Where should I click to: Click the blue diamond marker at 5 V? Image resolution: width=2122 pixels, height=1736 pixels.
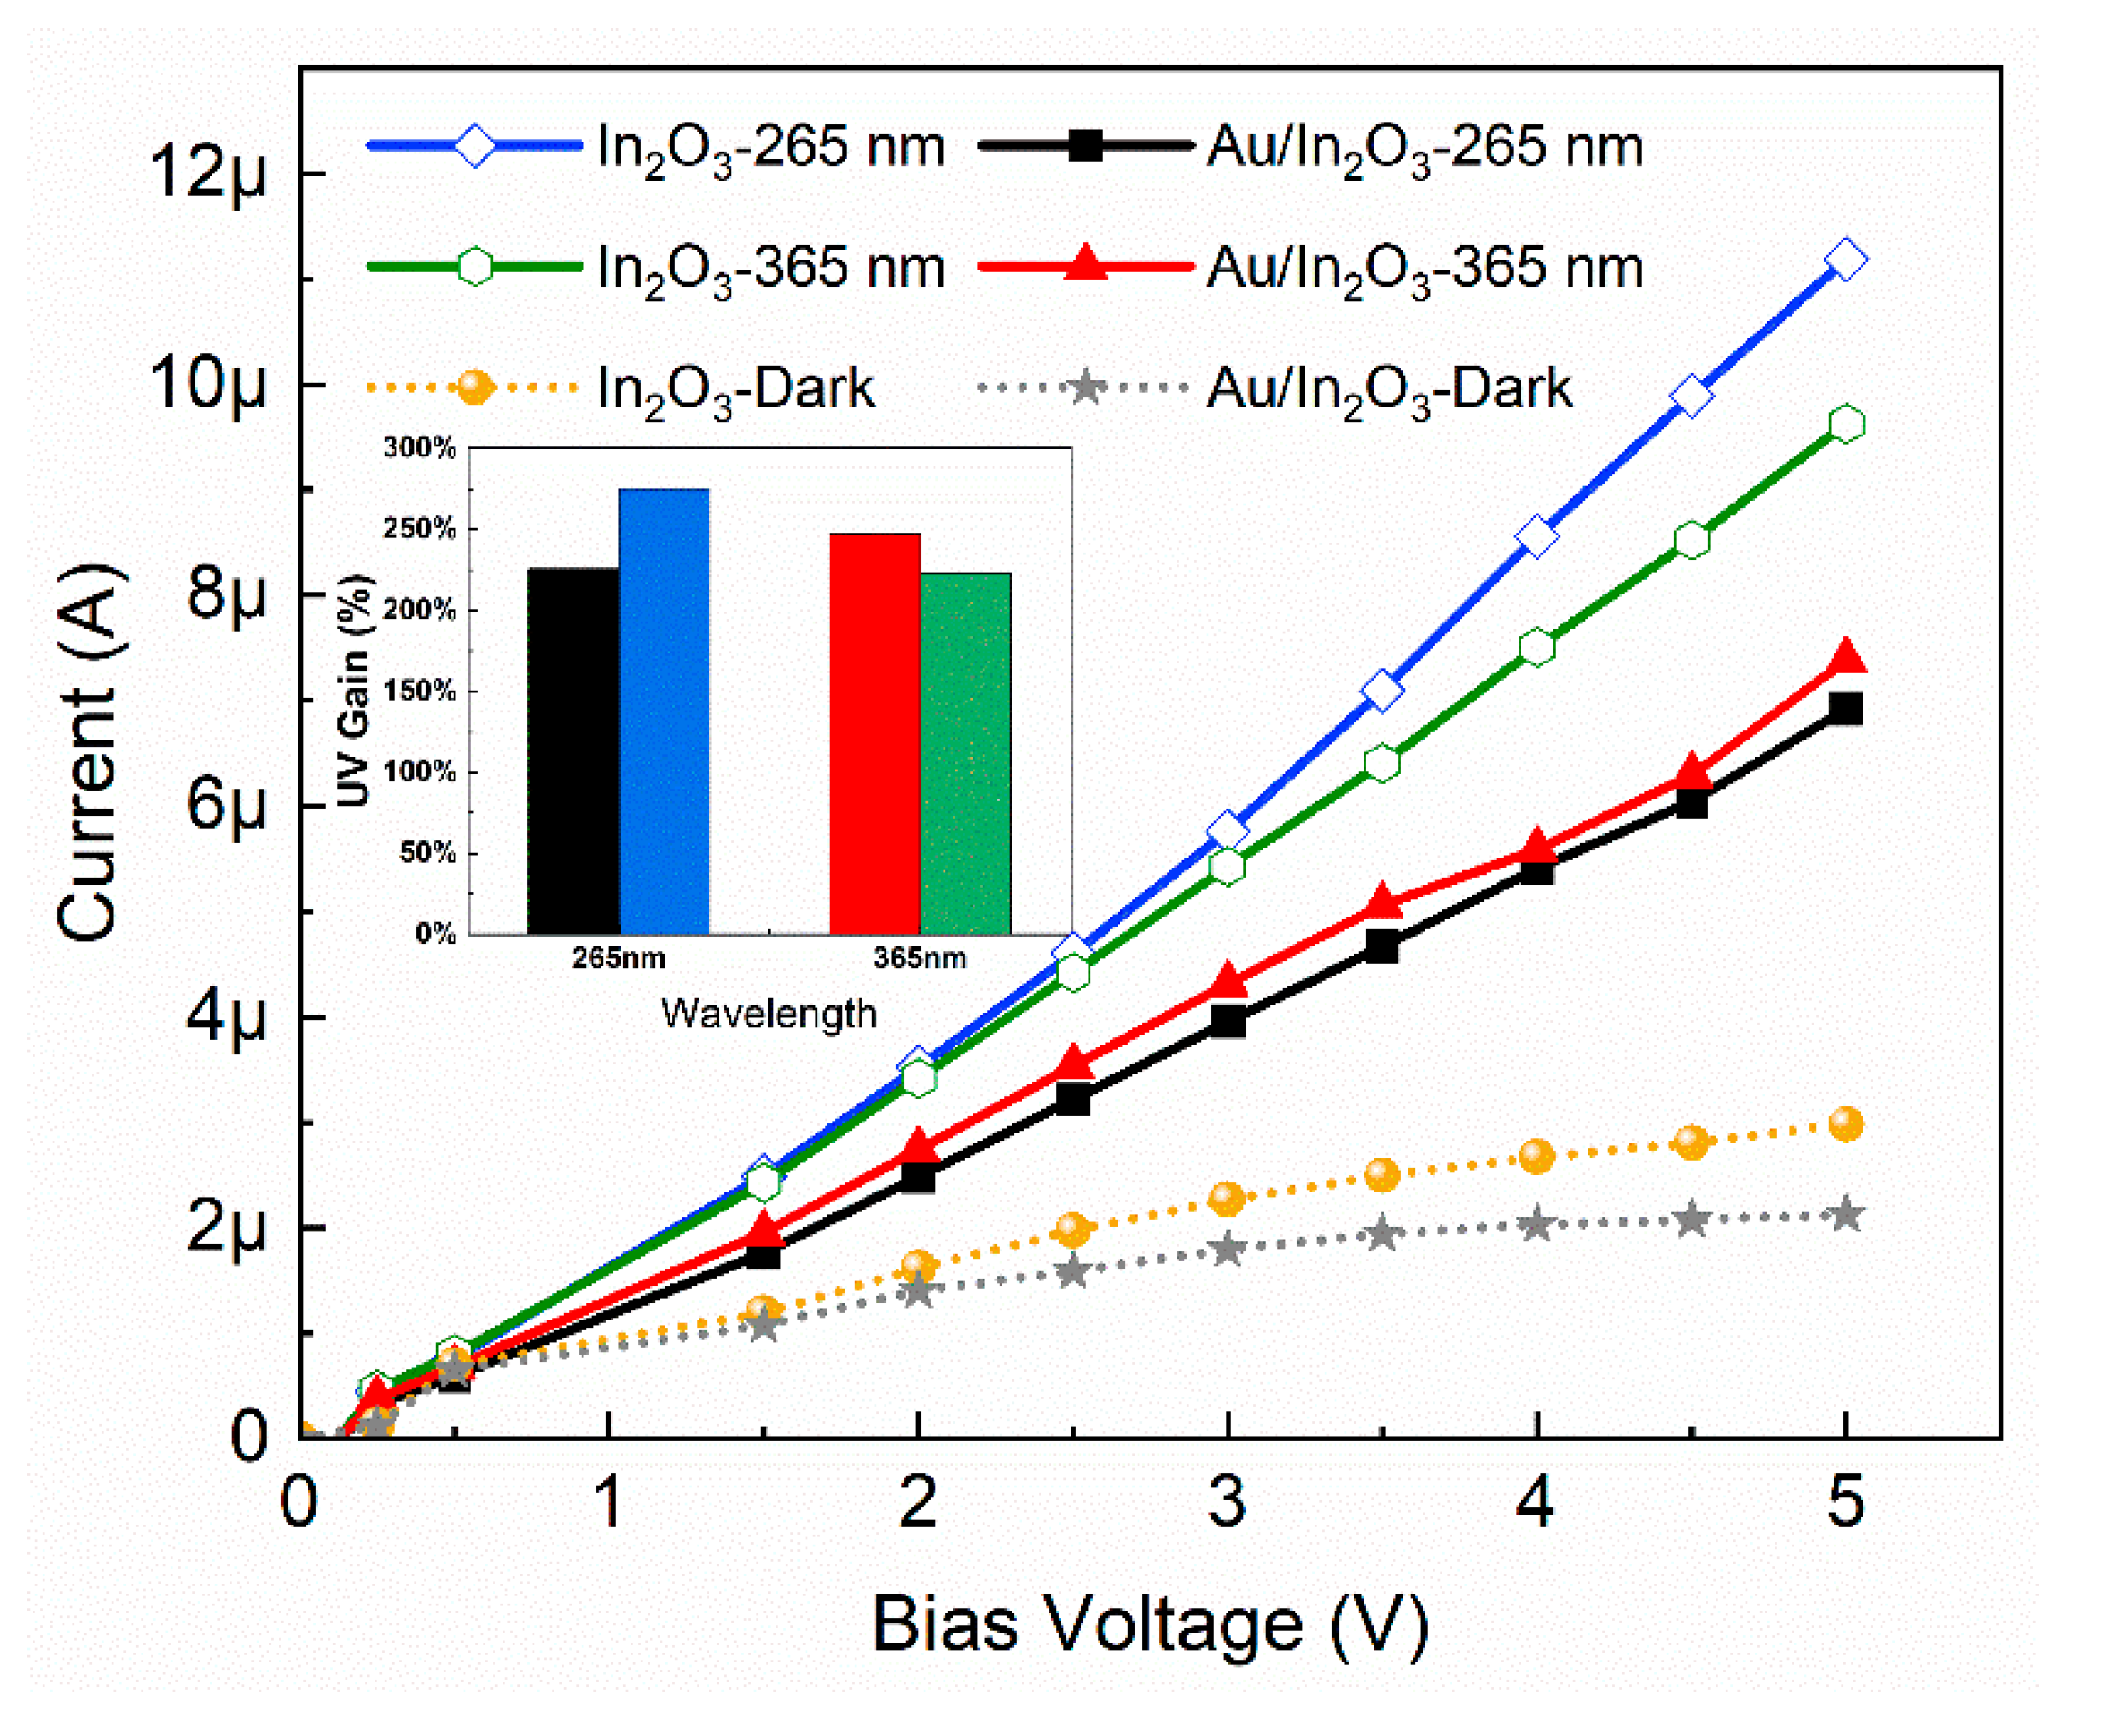pyautogui.click(x=1845, y=261)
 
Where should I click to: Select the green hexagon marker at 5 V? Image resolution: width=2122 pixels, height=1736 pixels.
pyautogui.click(x=1846, y=424)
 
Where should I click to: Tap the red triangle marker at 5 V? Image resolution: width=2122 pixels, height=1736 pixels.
pyautogui.click(x=1846, y=658)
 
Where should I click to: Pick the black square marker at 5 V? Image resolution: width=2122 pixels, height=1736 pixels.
pyautogui.click(x=1845, y=709)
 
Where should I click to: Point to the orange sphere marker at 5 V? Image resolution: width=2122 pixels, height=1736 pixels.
pyautogui.click(x=1845, y=1124)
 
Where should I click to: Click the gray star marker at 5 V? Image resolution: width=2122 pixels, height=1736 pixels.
pyautogui.click(x=1845, y=1215)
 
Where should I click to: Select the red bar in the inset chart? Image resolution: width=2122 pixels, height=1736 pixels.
pyautogui.click(x=875, y=733)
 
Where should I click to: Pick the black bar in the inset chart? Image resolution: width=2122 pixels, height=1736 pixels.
pyautogui.click(x=572, y=751)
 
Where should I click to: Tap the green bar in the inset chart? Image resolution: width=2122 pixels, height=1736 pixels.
pyautogui.click(x=965, y=753)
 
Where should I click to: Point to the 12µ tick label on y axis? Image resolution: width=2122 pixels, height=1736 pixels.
pyautogui.click(x=208, y=172)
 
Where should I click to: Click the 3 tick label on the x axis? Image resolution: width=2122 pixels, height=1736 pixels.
pyautogui.click(x=1227, y=1502)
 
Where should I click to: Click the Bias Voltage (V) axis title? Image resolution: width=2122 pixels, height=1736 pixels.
pyautogui.click(x=1150, y=1623)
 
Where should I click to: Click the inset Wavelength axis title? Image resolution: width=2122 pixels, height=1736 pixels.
pyautogui.click(x=768, y=1013)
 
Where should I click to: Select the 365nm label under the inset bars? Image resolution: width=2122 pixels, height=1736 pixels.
pyautogui.click(x=920, y=958)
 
